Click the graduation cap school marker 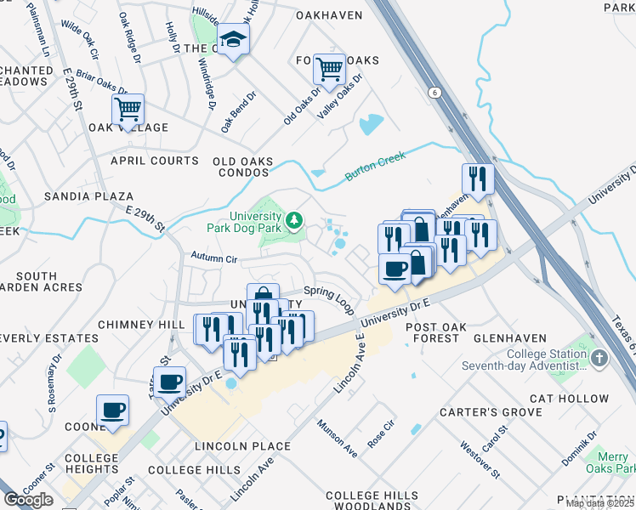click(232, 38)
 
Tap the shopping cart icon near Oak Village click(128, 109)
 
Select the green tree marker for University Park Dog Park click(294, 221)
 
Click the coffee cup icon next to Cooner click(112, 411)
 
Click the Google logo click(28, 500)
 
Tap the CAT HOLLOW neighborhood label click(569, 398)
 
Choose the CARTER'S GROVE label click(491, 412)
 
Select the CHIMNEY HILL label click(141, 325)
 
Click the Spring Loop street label click(334, 297)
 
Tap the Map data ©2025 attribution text click(600, 503)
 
